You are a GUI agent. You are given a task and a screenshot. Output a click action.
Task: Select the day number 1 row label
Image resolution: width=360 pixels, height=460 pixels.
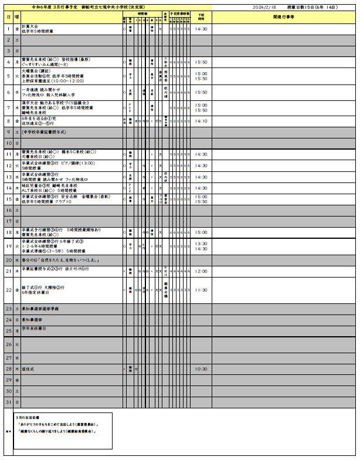[x=8, y=28]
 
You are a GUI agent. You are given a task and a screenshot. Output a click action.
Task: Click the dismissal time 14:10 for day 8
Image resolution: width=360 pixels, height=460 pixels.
[x=201, y=121]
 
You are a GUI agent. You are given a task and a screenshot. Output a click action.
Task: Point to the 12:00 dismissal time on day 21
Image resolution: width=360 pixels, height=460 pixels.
[x=201, y=271]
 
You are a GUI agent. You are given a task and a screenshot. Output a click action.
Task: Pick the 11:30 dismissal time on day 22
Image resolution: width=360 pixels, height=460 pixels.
[x=201, y=290]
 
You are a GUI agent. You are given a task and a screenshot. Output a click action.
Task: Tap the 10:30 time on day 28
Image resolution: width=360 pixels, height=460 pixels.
[x=201, y=369]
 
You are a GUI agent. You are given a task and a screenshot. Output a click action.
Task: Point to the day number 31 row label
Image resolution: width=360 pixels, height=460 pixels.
[x=8, y=402]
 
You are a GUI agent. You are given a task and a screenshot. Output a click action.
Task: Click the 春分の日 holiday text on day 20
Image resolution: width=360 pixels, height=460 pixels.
[x=56, y=259]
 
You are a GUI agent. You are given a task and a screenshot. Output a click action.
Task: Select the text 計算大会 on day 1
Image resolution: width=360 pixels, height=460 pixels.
[x=30, y=26]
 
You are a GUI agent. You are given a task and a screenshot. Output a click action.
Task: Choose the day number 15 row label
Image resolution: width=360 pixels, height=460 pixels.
[x=8, y=198]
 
